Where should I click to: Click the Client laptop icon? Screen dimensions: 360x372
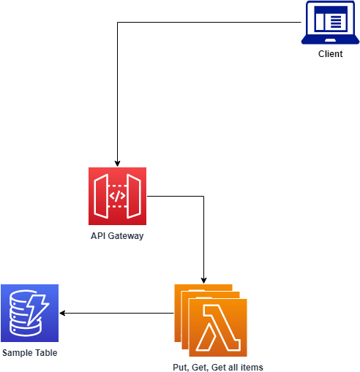coord(330,23)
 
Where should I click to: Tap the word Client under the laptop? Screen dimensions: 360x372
coord(330,54)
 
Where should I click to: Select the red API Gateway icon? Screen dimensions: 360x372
coord(117,196)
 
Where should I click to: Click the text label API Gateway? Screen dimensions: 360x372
coord(117,236)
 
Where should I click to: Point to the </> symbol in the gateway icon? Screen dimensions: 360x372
coord(117,196)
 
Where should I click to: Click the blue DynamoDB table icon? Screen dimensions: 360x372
coord(30,313)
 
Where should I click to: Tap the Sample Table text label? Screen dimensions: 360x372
coord(30,353)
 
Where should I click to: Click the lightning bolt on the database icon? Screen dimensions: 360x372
coord(37,310)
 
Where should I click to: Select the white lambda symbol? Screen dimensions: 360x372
coord(218,327)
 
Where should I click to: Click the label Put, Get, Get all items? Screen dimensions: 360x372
coord(218,367)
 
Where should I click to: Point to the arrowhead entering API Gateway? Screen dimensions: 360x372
coord(117,164)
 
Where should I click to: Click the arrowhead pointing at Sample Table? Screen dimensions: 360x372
coord(62,313)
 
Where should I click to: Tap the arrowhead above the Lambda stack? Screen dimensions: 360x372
coord(203,281)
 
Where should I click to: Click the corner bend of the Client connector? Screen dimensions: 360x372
coord(118,23)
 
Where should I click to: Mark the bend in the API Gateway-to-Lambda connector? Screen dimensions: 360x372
coord(203,196)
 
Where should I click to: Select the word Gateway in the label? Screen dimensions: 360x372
coord(126,236)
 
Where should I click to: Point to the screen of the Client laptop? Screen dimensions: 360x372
coord(331,19)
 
